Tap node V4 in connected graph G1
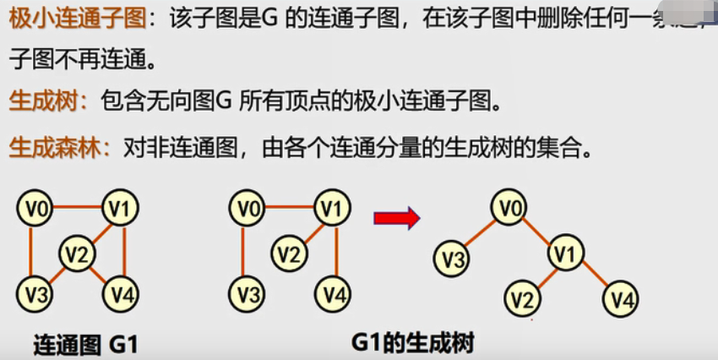[x=121, y=294]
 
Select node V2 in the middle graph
[x=290, y=252]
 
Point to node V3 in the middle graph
[x=246, y=294]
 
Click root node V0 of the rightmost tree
[x=506, y=207]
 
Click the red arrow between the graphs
[x=397, y=219]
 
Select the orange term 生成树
[x=43, y=102]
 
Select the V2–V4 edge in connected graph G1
[x=99, y=274]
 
